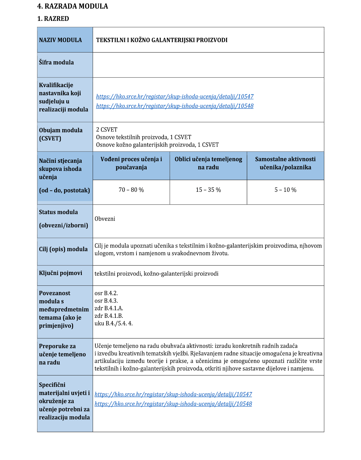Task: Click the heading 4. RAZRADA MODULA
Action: click(x=72, y=6)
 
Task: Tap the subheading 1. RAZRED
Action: click(x=53, y=19)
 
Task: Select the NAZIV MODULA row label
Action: click(x=60, y=40)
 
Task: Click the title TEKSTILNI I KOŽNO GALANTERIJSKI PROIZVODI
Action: click(x=162, y=40)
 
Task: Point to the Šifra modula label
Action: click(x=56, y=63)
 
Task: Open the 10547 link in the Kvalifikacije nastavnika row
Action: click(x=175, y=97)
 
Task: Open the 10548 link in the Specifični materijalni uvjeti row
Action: click(x=173, y=404)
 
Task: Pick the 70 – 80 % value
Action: click(x=131, y=190)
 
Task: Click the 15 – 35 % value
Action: click(x=208, y=190)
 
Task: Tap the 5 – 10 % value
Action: click(x=285, y=190)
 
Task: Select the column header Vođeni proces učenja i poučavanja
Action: click(x=131, y=163)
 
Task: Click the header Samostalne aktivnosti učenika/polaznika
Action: click(x=285, y=163)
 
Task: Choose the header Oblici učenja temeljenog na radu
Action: click(x=208, y=163)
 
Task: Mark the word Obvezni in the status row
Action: click(x=105, y=219)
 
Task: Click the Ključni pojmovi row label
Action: click(x=60, y=273)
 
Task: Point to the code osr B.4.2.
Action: click(x=106, y=293)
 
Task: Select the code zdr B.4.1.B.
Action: click(x=109, y=316)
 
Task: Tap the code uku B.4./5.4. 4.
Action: click(x=114, y=324)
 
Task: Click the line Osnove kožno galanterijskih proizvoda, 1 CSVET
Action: click(x=157, y=145)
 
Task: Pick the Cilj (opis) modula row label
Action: click(x=63, y=249)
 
